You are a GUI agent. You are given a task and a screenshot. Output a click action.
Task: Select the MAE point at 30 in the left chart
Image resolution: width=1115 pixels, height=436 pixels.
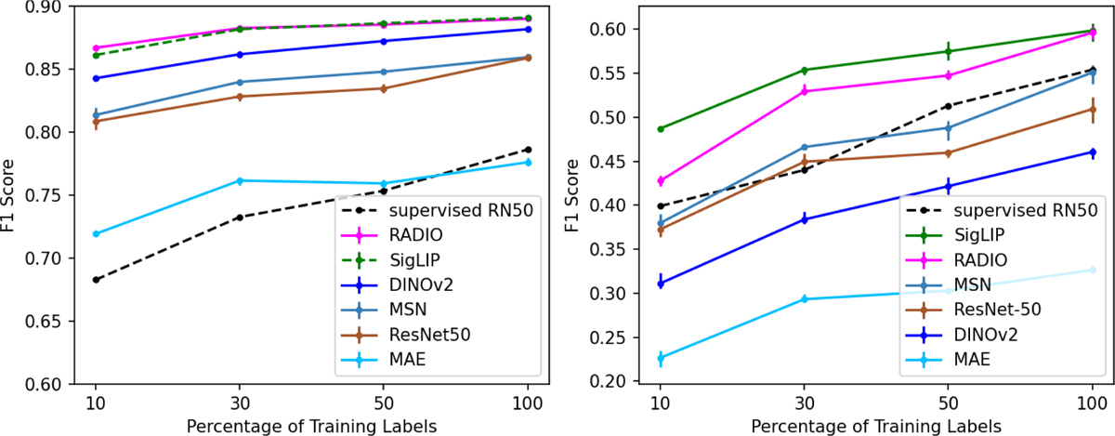(x=239, y=180)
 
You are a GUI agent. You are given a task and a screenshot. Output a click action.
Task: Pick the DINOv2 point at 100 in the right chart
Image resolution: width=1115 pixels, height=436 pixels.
(x=1091, y=152)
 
